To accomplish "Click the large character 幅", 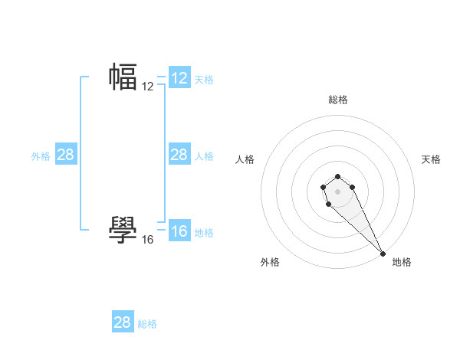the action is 123,77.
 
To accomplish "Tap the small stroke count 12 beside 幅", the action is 148,87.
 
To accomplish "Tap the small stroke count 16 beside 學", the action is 148,240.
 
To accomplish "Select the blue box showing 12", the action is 179,78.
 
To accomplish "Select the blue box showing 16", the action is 179,231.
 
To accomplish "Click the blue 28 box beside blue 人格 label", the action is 179,155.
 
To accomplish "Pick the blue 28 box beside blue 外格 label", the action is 66,155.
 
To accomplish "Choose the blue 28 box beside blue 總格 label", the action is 123,322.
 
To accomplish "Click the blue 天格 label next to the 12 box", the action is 204,79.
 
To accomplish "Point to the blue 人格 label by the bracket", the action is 204,155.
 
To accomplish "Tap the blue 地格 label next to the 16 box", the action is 204,232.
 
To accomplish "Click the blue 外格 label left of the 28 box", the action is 41,155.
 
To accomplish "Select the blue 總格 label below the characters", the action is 147,324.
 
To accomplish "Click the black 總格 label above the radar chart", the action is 338,100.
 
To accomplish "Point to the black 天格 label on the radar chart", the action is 432,159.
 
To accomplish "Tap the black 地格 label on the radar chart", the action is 402,262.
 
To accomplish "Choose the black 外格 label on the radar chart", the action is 270,262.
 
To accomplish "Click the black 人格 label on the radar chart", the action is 245,159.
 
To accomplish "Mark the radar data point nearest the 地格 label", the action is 383,253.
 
